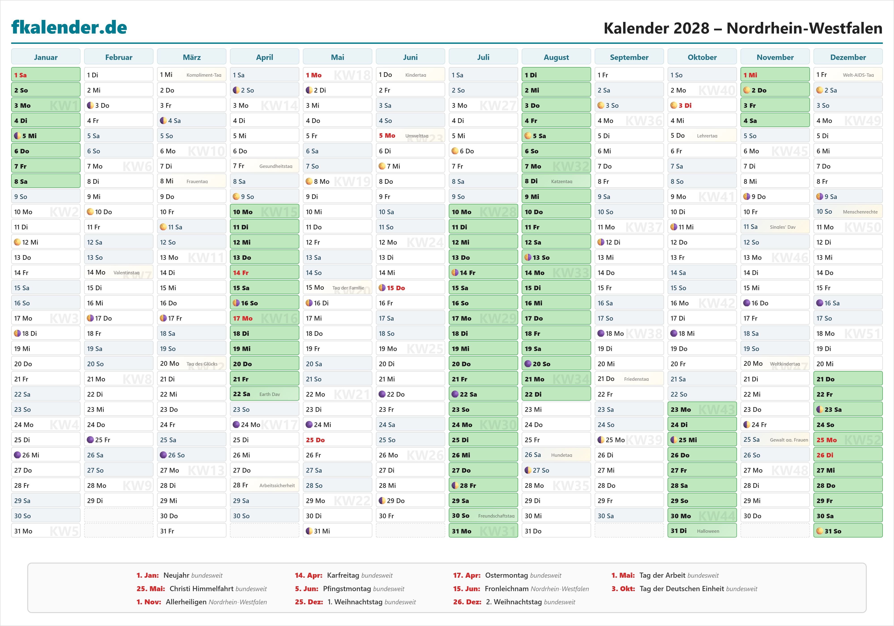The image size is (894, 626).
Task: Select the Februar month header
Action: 119,57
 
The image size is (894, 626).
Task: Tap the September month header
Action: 629,57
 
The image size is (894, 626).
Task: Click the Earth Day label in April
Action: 270,394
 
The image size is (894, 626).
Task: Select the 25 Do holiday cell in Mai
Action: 337,440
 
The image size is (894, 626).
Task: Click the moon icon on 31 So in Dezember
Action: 820,531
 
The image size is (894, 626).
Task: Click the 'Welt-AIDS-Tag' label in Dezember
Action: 858,75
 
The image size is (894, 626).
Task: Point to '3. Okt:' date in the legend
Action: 623,589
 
